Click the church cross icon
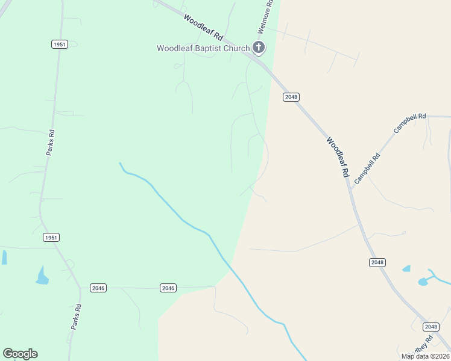[x=258, y=48]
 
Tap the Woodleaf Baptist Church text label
[x=203, y=48]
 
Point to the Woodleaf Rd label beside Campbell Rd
[x=338, y=156]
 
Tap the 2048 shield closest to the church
[x=291, y=97]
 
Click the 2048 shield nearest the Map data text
[x=430, y=327]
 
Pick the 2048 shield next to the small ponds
[x=377, y=262]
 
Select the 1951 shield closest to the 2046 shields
[x=51, y=238]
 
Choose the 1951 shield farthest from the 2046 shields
[x=59, y=44]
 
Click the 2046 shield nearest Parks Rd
[x=98, y=288]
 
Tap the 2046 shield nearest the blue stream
[x=168, y=288]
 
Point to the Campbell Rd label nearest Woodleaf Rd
[x=368, y=168]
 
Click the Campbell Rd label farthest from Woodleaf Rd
[x=410, y=123]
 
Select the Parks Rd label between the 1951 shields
[x=51, y=143]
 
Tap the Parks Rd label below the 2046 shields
[x=76, y=316]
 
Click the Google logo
[x=20, y=354]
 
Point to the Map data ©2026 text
[x=425, y=356]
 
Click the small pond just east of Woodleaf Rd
[x=406, y=268]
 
